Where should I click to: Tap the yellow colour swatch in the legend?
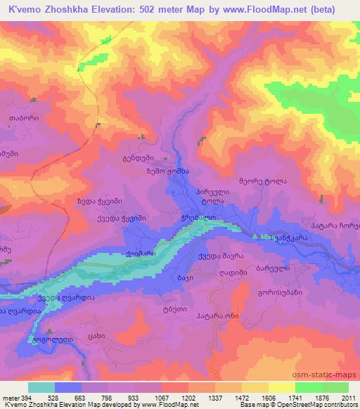click(282, 387)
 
